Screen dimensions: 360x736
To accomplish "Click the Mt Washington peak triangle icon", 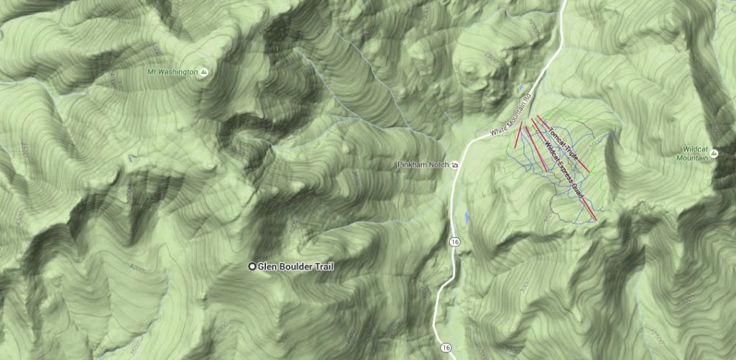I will coord(204,73).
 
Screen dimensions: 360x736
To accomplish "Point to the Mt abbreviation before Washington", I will coord(152,73).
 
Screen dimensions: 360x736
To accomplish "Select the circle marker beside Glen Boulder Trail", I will coord(252,267).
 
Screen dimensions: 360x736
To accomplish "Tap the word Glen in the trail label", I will coord(268,267).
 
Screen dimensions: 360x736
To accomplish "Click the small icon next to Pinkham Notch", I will coord(454,165).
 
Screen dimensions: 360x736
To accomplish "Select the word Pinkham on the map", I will coord(411,165).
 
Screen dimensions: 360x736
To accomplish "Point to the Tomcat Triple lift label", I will coord(563,138).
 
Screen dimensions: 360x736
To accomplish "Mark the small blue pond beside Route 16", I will coord(467,216).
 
